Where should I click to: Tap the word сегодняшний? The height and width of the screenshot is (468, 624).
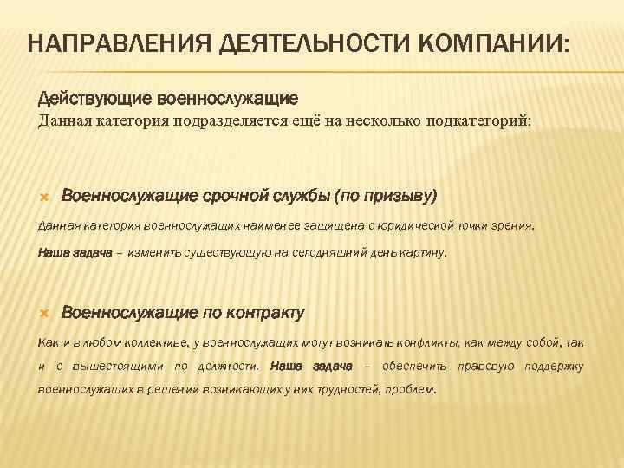click(330, 253)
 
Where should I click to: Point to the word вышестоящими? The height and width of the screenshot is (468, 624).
click(120, 367)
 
